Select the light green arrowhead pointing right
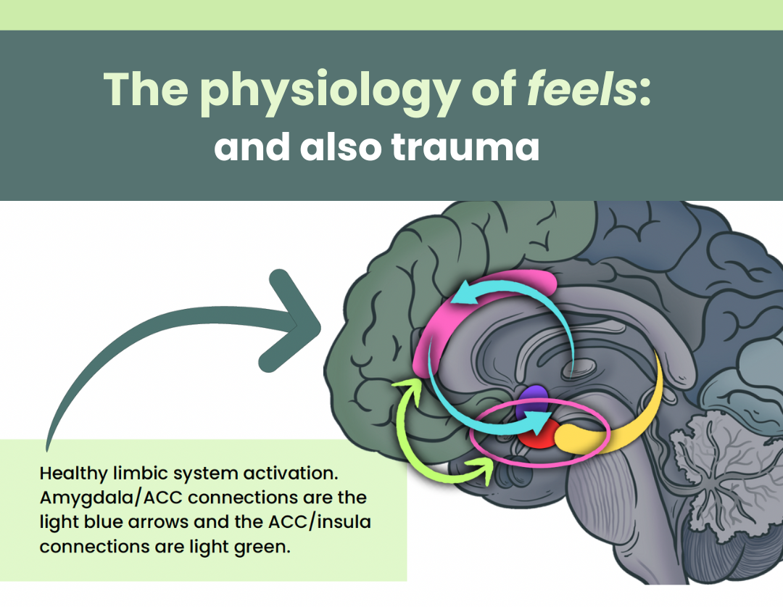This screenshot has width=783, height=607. tap(482, 468)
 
